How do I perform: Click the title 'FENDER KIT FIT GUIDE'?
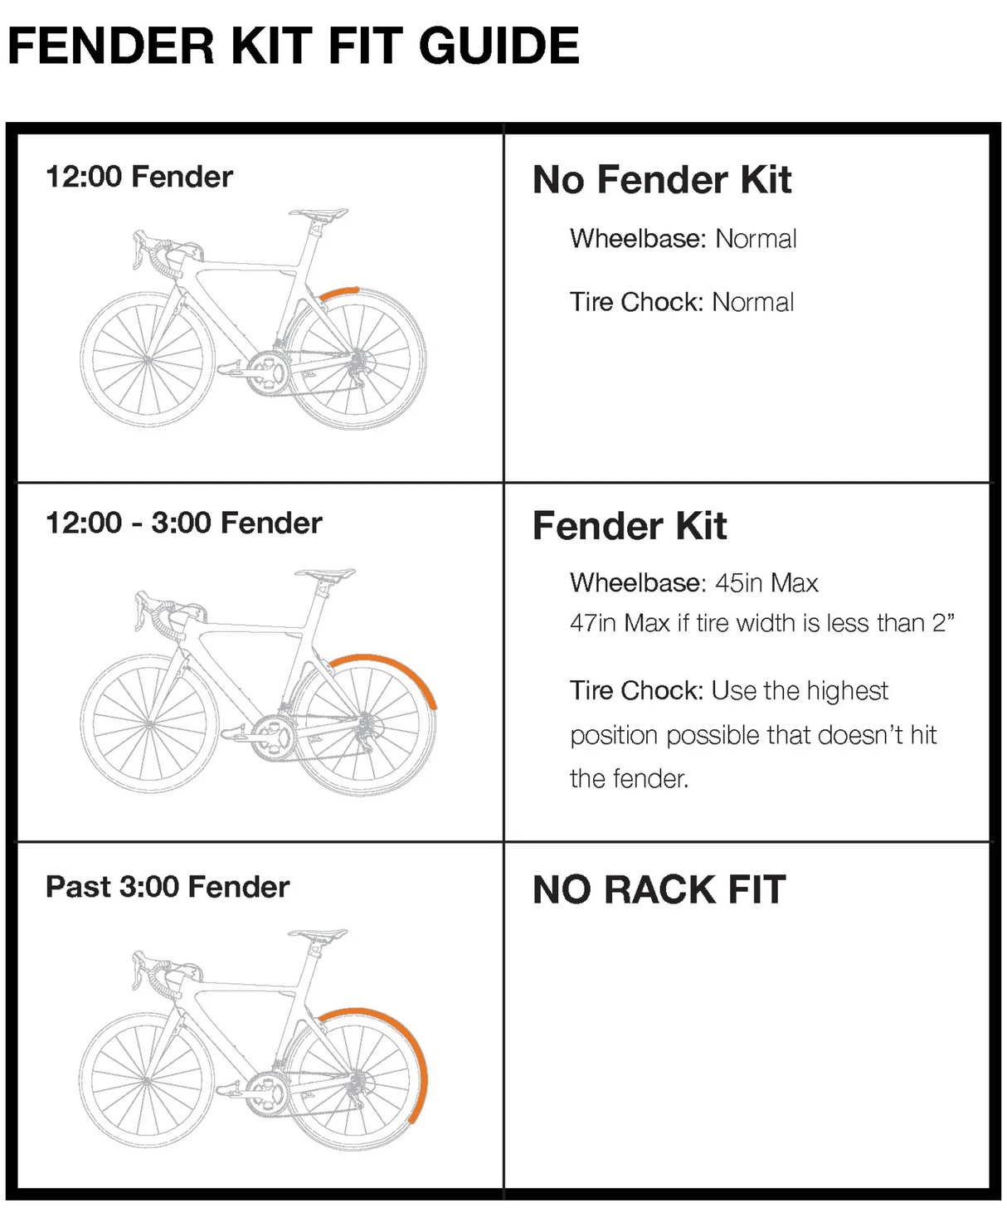[x=293, y=46]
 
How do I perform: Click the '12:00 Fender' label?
[x=139, y=177]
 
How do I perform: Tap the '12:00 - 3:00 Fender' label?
[x=183, y=523]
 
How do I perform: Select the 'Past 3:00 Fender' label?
[x=168, y=887]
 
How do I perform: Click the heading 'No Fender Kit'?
[x=662, y=180]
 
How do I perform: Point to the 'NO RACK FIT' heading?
[x=659, y=890]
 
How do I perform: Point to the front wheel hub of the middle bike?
[x=148, y=724]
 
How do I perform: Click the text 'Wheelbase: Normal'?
[x=683, y=239]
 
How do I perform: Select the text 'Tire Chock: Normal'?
[x=681, y=302]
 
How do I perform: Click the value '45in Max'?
[x=766, y=583]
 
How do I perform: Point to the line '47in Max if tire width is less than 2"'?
[x=761, y=623]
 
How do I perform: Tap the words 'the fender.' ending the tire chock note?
[x=629, y=779]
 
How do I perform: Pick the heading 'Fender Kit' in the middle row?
[x=630, y=527]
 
